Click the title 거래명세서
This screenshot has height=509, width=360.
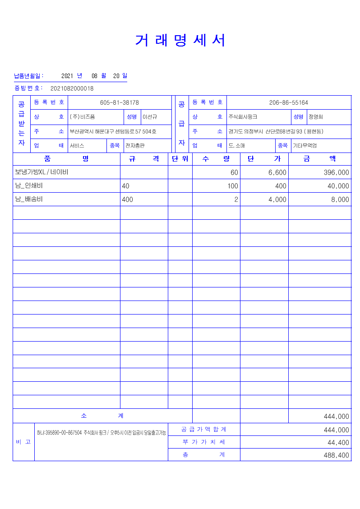pyautogui.click(x=180, y=41)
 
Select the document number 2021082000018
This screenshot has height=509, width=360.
pyautogui.click(x=72, y=88)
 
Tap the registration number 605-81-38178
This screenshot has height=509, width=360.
pyautogui.click(x=119, y=102)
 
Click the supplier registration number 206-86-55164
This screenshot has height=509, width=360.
pyautogui.click(x=288, y=102)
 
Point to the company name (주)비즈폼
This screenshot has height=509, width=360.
pyautogui.click(x=82, y=117)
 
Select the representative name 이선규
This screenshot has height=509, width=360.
pyautogui.click(x=150, y=117)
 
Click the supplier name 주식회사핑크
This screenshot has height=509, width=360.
pyautogui.click(x=243, y=117)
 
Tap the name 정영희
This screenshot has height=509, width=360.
pyautogui.click(x=316, y=117)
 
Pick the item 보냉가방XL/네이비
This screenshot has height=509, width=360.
pyautogui.click(x=42, y=172)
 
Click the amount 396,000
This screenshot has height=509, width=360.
pyautogui.click(x=336, y=172)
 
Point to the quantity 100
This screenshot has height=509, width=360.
pyautogui.click(x=232, y=186)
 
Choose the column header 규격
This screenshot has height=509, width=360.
pyautogui.click(x=144, y=159)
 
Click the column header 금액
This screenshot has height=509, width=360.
pyautogui.click(x=319, y=159)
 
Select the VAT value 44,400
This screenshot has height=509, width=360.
pyautogui.click(x=338, y=443)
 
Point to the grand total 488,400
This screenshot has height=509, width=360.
pyautogui.click(x=336, y=455)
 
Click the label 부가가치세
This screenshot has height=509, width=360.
pyautogui.click(x=204, y=442)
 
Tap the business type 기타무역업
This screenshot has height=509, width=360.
pyautogui.click(x=305, y=146)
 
